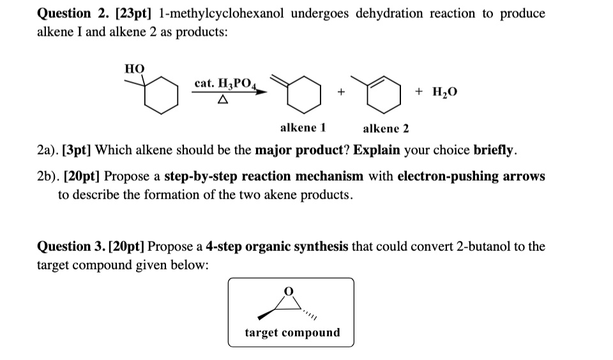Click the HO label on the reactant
(x=134, y=69)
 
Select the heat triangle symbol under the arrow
(x=222, y=100)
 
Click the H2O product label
(x=444, y=92)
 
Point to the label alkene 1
(x=303, y=128)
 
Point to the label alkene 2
(x=386, y=128)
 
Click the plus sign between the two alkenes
(x=342, y=93)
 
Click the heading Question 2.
(x=72, y=13)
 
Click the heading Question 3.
(x=72, y=246)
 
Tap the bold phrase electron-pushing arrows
(x=471, y=176)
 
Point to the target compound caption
(x=292, y=333)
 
